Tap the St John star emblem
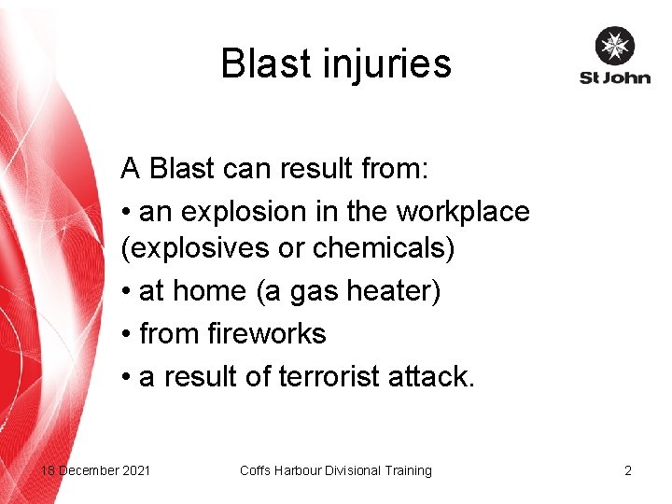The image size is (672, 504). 614,46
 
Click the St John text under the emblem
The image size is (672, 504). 614,77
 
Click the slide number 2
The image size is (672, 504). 628,470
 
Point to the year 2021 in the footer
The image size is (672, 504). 134,470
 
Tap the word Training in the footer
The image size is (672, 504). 407,470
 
